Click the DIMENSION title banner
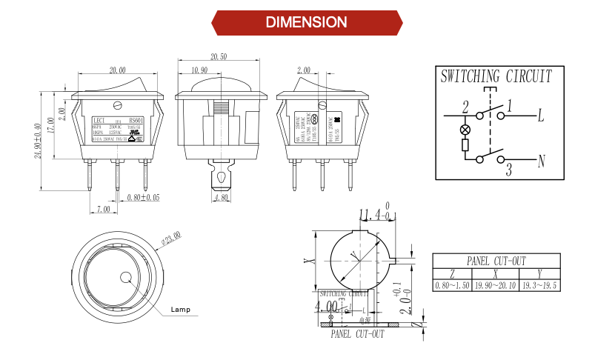[x=307, y=22]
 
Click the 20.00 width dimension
[x=117, y=70]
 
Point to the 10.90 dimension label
[x=199, y=70]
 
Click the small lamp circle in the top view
[x=125, y=279]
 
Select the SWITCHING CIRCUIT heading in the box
[x=496, y=76]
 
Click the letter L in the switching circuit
[x=541, y=116]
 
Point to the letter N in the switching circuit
[x=541, y=159]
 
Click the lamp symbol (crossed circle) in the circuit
[x=465, y=130]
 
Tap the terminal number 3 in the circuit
[x=508, y=171]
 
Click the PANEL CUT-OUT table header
[x=496, y=261]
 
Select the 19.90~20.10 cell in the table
[x=496, y=285]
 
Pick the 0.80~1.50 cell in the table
[x=452, y=285]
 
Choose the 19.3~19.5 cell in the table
[x=539, y=285]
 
